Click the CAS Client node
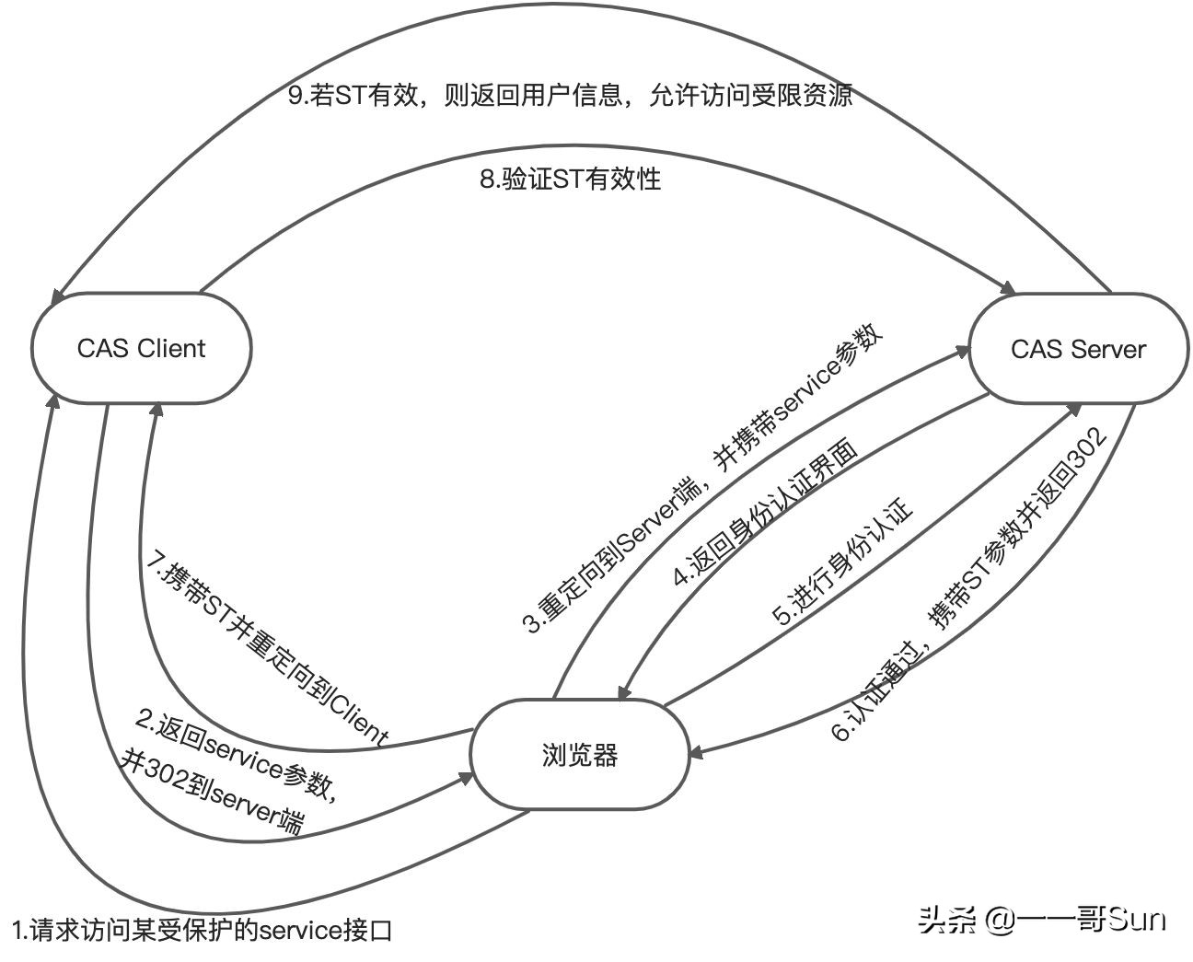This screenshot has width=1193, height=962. pos(141,349)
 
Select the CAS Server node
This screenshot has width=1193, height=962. pos(1077,349)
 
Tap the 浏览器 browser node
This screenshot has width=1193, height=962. pos(580,756)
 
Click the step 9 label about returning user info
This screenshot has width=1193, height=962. pos(570,96)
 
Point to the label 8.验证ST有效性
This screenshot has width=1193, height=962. pos(570,178)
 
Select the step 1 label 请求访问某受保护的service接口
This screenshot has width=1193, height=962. pos(203,930)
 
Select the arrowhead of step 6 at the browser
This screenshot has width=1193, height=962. pos(697,752)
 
